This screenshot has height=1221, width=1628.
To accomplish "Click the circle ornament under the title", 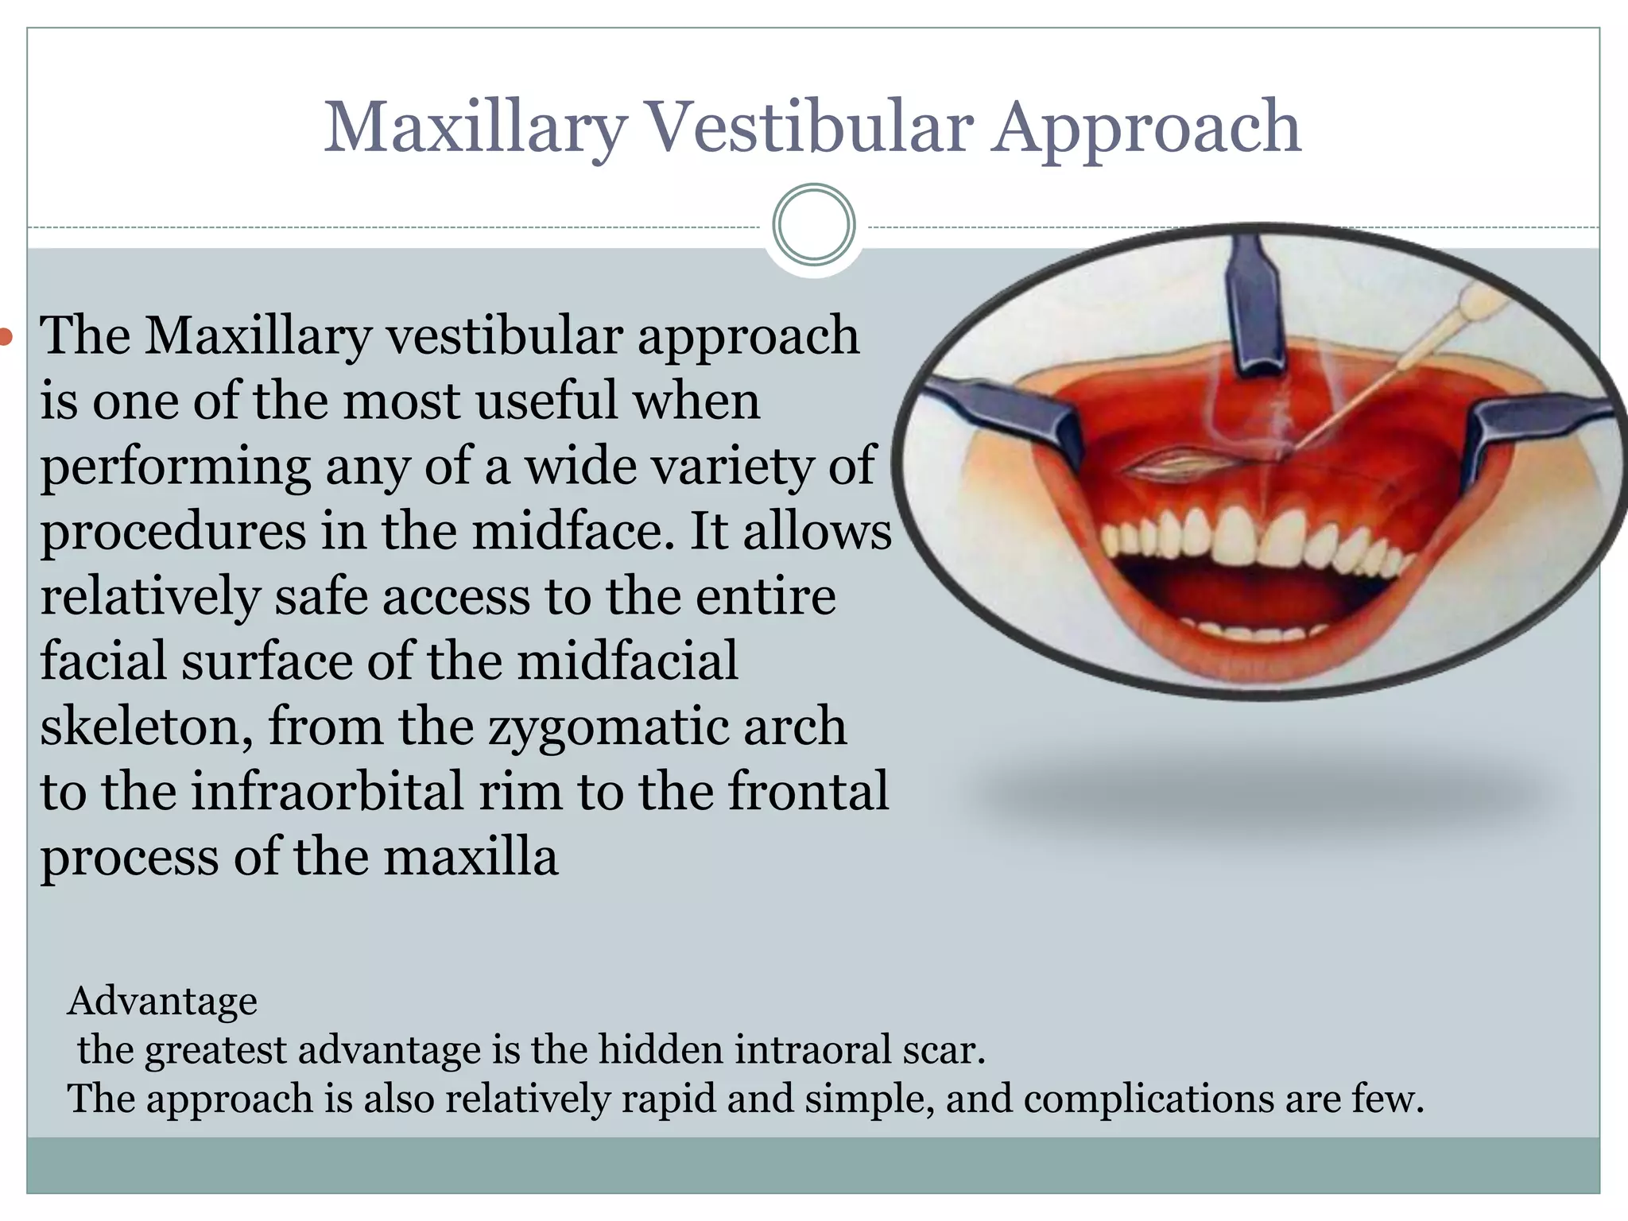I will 813,224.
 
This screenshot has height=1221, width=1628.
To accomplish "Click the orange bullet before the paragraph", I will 6,337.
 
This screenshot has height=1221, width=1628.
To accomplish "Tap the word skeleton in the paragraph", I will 147,727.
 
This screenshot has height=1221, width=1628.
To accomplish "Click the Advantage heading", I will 162,1001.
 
